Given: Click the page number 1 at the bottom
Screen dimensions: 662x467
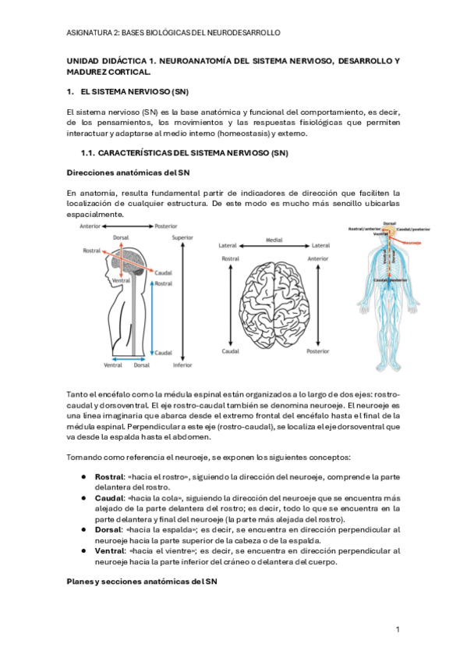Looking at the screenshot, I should (x=398, y=628).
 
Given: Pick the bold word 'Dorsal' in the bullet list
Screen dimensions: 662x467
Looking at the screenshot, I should (x=108, y=529).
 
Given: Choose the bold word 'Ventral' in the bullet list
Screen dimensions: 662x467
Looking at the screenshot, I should (x=111, y=550).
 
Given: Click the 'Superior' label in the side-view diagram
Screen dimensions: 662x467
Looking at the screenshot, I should (x=182, y=237).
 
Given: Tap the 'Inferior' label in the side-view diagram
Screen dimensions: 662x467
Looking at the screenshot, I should (x=182, y=365).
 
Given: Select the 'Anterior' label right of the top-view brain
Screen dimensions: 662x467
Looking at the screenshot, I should (x=318, y=258).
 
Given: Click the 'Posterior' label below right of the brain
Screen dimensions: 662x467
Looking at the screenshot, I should (x=318, y=351).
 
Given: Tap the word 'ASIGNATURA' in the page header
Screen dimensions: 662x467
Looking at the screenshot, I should (x=89, y=32).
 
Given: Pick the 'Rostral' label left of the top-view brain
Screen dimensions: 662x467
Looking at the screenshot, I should (x=230, y=258).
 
